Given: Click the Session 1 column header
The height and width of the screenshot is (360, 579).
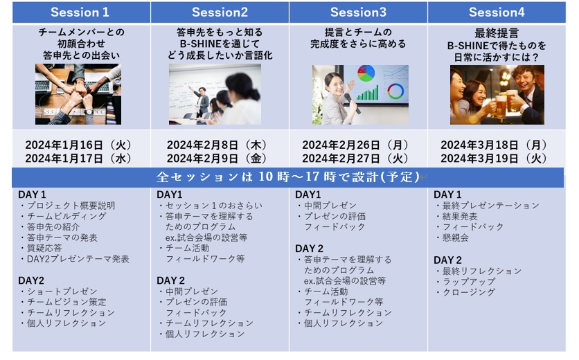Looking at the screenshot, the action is point(80,12).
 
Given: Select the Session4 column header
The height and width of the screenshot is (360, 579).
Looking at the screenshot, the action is point(497,12).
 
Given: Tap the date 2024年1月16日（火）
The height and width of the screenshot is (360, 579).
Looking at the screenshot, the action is point(79,145).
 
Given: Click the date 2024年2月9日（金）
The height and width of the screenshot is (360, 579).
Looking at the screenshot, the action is point(217,159).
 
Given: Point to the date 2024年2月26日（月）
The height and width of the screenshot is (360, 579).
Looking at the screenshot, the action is point(355,145).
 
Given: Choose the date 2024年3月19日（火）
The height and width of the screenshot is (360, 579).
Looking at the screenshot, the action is point(494,159).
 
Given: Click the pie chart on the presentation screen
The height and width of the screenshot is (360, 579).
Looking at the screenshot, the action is point(366,73).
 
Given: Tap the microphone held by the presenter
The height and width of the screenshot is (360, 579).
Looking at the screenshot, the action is point(353,103).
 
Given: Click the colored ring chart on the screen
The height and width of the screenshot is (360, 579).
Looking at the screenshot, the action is point(395,91).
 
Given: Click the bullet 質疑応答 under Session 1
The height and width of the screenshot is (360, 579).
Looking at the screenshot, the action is point(46,248).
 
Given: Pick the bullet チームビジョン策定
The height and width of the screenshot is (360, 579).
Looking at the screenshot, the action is point(64,302).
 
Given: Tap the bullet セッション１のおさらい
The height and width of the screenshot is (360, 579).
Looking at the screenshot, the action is point(211,206).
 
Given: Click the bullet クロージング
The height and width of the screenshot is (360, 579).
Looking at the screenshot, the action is point(465,291).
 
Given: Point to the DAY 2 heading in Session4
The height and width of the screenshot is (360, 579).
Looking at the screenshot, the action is point(447,260).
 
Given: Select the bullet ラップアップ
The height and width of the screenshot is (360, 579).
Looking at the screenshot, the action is point(465,281).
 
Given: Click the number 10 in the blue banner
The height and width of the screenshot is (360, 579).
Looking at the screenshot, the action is point(265,177).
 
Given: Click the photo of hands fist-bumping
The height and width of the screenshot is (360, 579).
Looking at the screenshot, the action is point(78,94).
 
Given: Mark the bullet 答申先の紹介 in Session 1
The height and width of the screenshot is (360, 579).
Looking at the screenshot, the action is point(51,226).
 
